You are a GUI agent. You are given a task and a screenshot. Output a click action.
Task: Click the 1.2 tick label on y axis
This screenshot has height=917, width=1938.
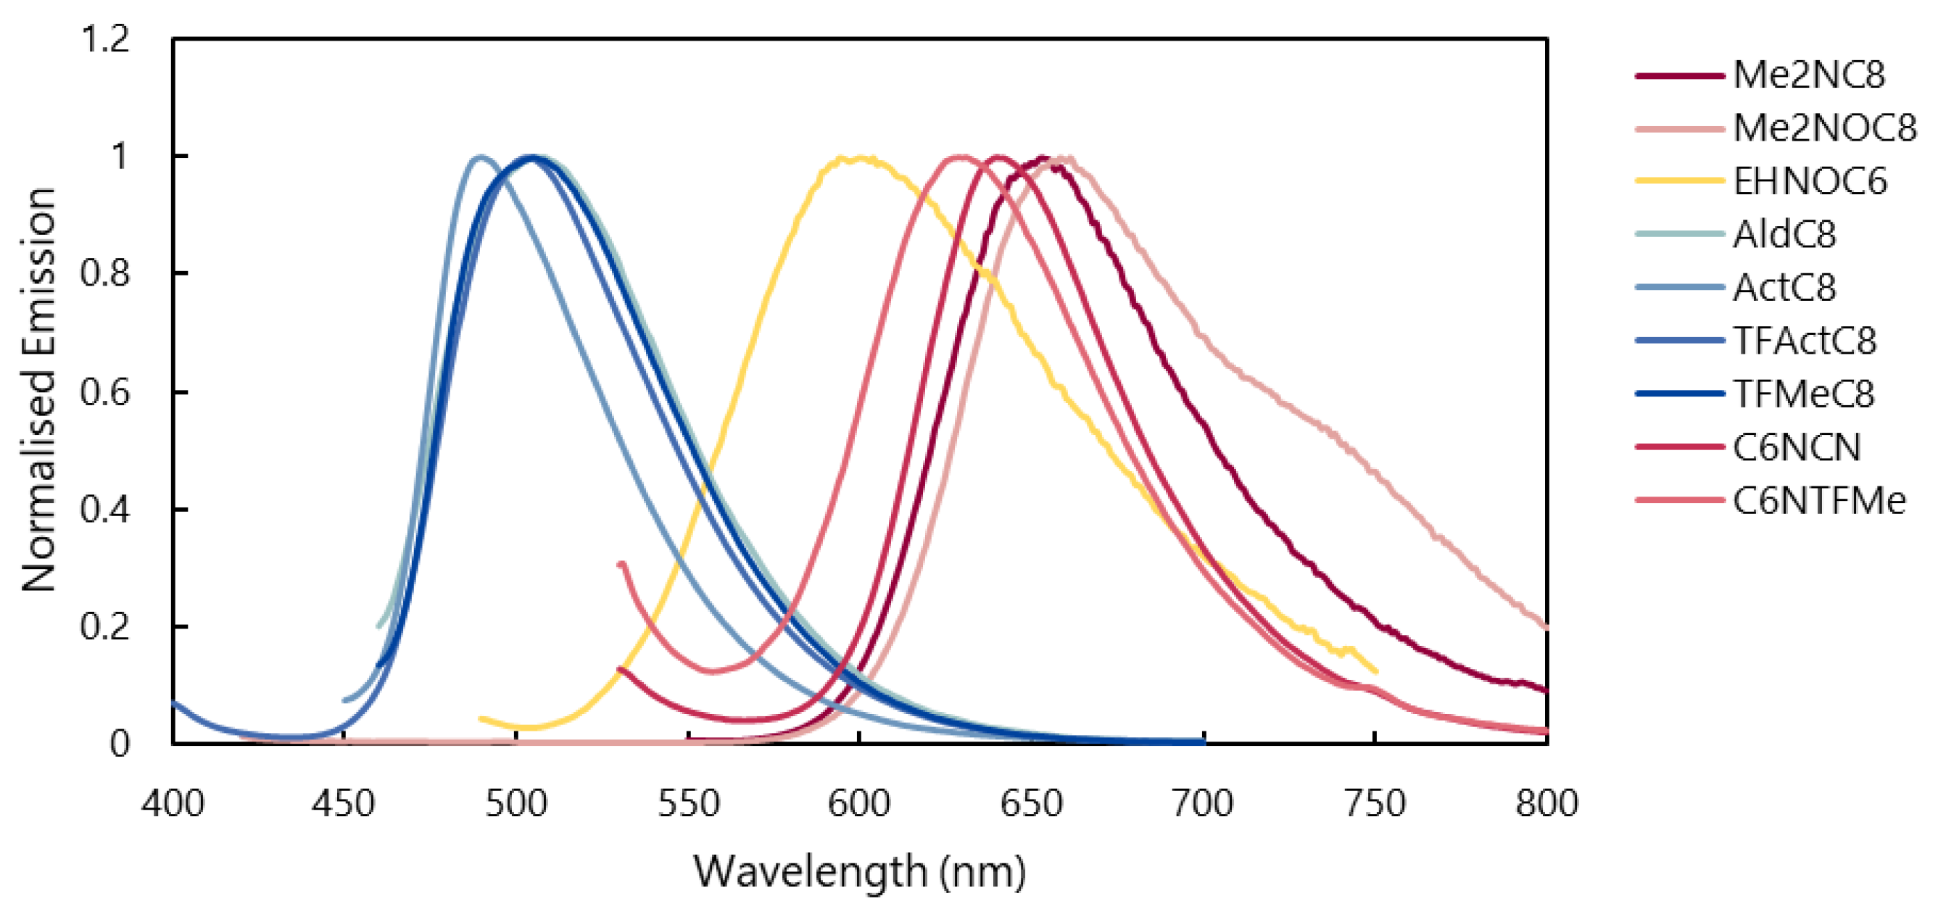click(x=105, y=38)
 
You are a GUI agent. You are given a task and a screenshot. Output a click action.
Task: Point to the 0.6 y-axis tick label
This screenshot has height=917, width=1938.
click(x=105, y=392)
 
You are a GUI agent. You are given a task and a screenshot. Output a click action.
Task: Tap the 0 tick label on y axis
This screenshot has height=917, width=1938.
click(x=120, y=744)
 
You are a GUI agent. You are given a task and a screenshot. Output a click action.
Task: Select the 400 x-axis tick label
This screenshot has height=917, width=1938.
click(x=173, y=803)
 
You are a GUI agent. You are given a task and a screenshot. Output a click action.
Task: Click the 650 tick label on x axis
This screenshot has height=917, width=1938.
click(x=1032, y=803)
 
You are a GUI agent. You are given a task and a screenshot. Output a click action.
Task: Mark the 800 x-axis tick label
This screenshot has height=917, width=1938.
click(x=1546, y=803)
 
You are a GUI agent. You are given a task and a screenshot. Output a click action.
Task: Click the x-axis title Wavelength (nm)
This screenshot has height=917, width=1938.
click(x=859, y=872)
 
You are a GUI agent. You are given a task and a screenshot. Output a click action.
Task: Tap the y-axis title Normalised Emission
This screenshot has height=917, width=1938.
click(x=39, y=390)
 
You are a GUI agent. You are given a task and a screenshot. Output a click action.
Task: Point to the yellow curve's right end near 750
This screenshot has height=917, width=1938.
click(x=1376, y=671)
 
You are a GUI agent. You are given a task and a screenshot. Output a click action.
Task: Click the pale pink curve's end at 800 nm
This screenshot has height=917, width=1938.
click(x=1546, y=626)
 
